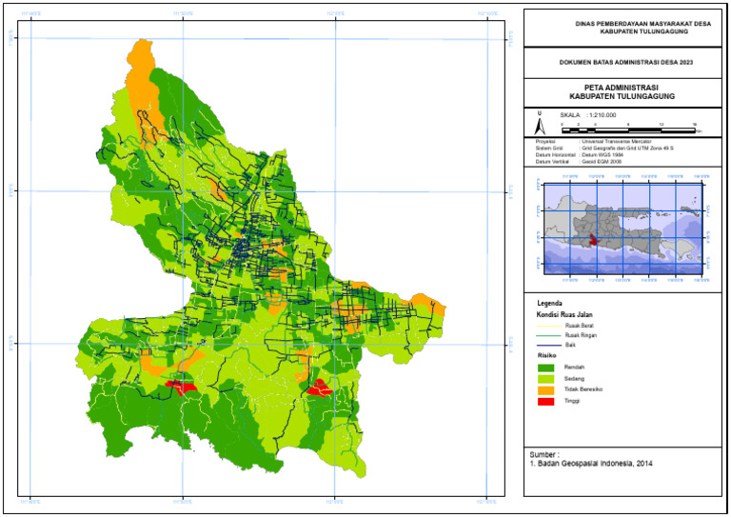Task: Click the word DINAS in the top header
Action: [x=587, y=22]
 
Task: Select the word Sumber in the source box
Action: [x=543, y=455]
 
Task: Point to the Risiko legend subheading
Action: [x=545, y=354]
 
